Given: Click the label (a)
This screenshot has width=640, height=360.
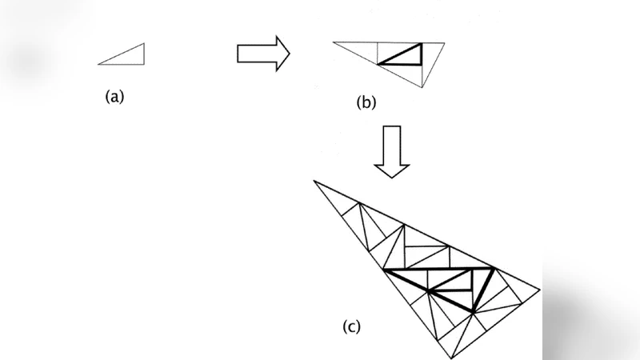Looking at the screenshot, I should pos(115,97).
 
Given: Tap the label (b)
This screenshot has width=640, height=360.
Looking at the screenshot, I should pos(366,102).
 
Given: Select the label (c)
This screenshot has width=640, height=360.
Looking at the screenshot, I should pos(352,326).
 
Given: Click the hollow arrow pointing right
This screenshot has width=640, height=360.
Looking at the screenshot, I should pos(262,53).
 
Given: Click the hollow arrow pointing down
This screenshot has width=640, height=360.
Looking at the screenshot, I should pos(392,151).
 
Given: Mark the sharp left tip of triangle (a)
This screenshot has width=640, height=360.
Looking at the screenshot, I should pos(98,63).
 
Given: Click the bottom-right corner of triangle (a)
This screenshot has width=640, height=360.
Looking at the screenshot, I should pos(144,63).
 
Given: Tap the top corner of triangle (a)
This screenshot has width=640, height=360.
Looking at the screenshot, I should pos(144,44).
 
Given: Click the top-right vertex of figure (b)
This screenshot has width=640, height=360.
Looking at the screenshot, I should pos(445,42).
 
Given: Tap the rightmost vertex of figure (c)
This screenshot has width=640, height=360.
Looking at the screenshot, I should pos(541,290).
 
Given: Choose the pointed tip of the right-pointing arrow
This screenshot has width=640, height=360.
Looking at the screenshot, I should pos(288,53).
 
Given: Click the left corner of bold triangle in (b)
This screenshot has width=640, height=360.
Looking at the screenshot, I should pos(379,63).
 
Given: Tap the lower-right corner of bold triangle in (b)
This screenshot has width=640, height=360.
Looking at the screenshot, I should pos(421,63).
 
